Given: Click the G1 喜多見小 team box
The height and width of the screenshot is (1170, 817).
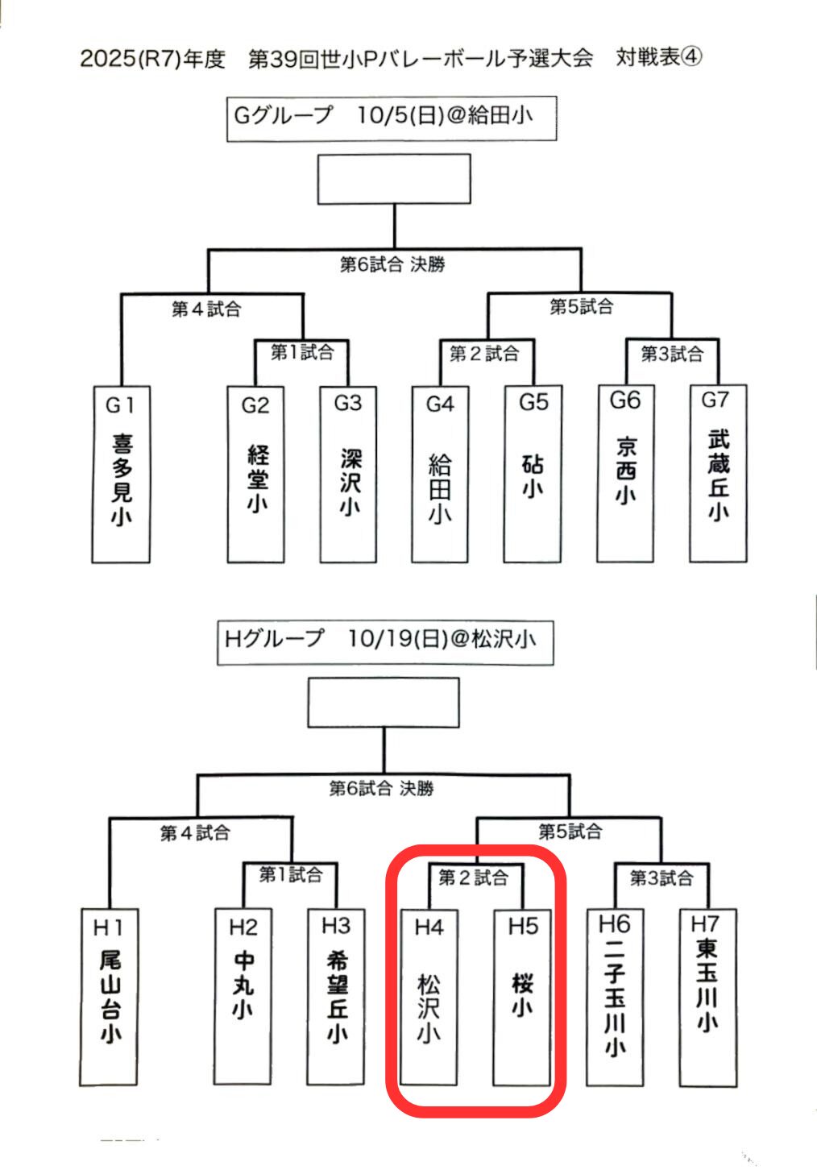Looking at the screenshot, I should [x=121, y=474].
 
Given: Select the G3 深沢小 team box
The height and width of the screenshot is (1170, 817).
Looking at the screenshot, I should [x=348, y=474].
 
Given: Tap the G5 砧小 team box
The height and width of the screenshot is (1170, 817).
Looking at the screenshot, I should [x=533, y=474].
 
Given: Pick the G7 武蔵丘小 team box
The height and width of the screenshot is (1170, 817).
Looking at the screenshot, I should [x=718, y=474].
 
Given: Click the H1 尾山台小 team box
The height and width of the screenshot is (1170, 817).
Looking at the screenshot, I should [x=110, y=998].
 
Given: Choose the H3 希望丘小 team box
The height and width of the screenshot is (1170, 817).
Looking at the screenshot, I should [x=336, y=998].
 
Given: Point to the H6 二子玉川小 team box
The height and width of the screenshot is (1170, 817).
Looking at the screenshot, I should [x=615, y=998].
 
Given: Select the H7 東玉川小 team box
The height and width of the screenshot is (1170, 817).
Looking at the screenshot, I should [x=707, y=998].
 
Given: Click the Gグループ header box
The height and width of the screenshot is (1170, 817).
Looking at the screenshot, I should [x=392, y=118].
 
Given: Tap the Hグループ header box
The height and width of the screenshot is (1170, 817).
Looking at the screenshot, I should [x=385, y=641].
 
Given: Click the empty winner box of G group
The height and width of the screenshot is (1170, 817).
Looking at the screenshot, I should [x=394, y=179].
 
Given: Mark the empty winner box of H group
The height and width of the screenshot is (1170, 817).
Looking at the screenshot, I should [x=384, y=702].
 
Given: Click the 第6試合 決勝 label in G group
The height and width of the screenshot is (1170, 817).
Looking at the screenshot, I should [x=392, y=264].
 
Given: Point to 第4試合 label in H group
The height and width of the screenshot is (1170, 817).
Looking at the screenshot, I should [x=195, y=832].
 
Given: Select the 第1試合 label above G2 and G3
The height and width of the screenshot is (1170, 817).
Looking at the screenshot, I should [x=302, y=352].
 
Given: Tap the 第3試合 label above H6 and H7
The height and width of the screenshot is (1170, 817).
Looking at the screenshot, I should [x=661, y=877].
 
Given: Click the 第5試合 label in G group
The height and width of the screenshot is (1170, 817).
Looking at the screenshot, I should [x=582, y=307].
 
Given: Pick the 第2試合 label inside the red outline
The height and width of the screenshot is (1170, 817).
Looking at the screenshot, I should [x=474, y=877].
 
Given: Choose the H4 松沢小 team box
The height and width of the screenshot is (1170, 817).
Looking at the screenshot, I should [x=429, y=998].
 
